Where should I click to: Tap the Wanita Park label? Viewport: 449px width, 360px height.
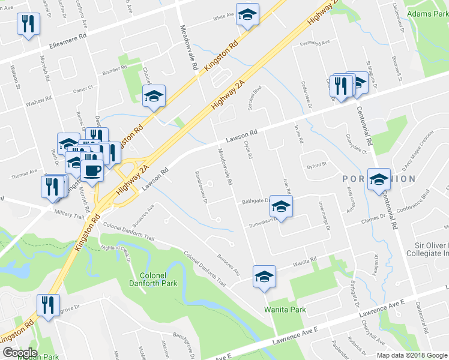pos(285,310)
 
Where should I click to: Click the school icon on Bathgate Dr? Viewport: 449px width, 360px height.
pos(279,206)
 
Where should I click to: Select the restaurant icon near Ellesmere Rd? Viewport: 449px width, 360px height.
pos(28,24)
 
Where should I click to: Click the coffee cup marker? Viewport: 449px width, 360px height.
pos(91,169)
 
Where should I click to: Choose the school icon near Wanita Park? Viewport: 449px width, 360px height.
pos(264,277)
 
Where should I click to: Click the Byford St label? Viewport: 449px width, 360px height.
pos(316,165)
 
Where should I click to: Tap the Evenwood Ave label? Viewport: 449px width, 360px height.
pos(316,44)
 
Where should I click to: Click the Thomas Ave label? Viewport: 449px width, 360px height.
pos(24,176)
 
